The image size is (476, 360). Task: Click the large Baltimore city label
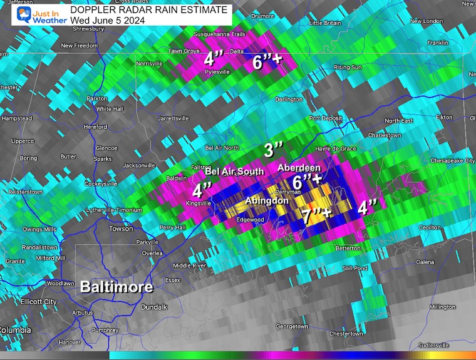click(x=116, y=287)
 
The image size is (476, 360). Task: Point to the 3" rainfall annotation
click(x=273, y=150)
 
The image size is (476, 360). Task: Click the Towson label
click(x=121, y=229)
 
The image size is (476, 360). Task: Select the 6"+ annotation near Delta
click(x=266, y=62)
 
